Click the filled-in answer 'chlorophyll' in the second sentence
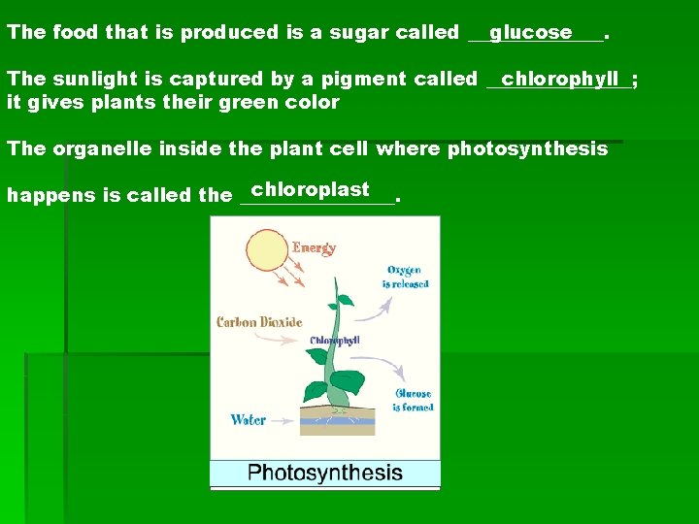[560, 78]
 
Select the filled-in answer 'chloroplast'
[310, 189]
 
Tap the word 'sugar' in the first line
[360, 32]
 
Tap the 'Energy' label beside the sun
[314, 247]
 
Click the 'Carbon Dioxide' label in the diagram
[259, 322]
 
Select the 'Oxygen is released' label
[405, 278]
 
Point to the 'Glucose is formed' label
[413, 401]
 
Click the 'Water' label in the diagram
[249, 420]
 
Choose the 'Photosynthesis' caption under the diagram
[325, 474]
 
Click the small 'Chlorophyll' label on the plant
[335, 341]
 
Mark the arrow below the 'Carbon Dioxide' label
[287, 344]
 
